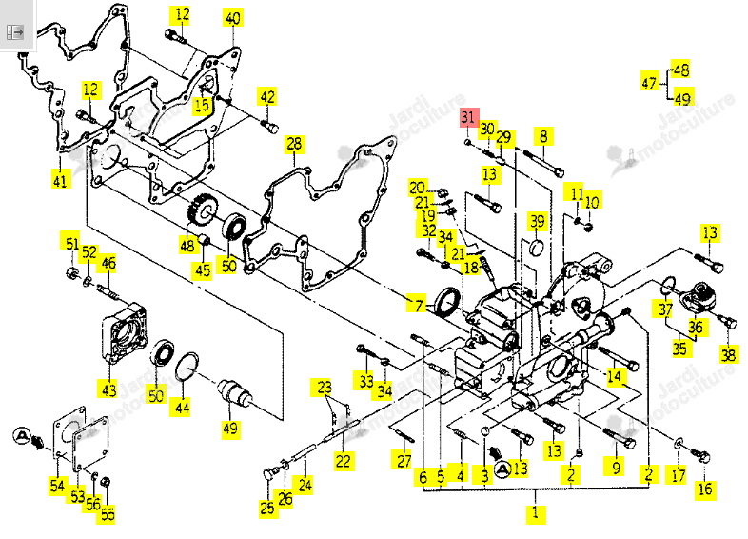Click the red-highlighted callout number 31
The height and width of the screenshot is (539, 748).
tap(468, 117)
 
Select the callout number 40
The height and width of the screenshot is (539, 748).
tap(232, 18)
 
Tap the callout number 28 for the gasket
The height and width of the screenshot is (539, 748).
tap(294, 144)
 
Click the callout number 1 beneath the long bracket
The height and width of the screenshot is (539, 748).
tap(536, 513)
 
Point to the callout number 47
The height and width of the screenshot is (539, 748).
tap(649, 83)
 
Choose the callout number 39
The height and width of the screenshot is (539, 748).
tap(538, 222)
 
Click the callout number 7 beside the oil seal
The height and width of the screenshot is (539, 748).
tap(419, 304)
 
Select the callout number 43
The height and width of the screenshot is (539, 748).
tap(109, 389)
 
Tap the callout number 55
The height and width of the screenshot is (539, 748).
tap(108, 513)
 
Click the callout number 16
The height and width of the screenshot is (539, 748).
tap(705, 489)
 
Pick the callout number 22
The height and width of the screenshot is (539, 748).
tap(343, 461)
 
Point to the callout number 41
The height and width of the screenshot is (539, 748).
tap(60, 181)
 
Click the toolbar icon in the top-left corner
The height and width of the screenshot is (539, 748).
tap(15, 32)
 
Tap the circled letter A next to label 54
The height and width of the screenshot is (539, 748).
tap(22, 435)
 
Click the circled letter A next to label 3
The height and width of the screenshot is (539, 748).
tap(502, 469)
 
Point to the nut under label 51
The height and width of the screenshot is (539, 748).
tap(72, 273)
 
